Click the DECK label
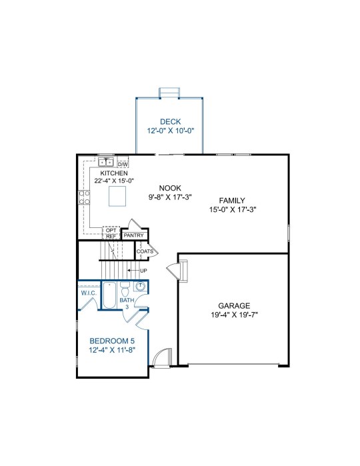tap(171, 121)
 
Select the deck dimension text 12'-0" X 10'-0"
tap(171, 131)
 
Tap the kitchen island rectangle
tap(117, 196)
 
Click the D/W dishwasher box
tap(123, 165)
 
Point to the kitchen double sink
tap(106, 163)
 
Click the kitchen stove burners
tap(84, 197)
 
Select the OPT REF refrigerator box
tap(111, 233)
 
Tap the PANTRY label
tap(134, 235)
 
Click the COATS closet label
tap(145, 251)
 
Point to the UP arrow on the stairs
tap(134, 271)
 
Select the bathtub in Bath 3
tap(109, 295)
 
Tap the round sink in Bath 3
tap(140, 286)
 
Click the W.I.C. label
tap(89, 293)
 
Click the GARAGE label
tap(234, 305)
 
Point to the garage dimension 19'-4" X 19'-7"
tap(234, 315)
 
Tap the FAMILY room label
tap(232, 200)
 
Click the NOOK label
tap(170, 188)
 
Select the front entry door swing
tap(161, 358)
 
